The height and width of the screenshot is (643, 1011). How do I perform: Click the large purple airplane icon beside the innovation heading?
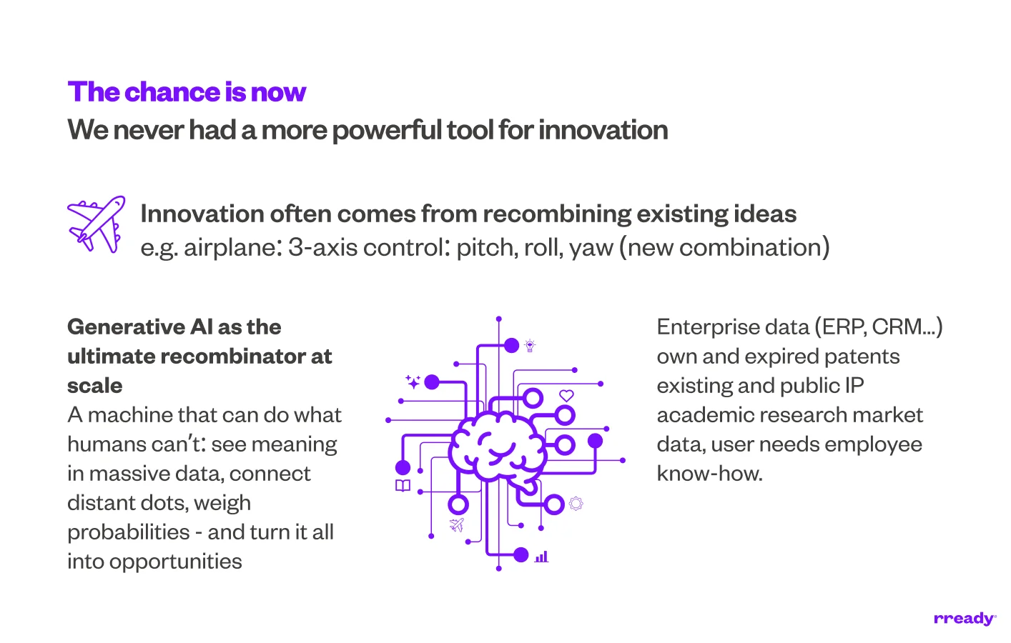pos(96,224)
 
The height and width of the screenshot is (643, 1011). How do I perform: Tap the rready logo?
pos(965,618)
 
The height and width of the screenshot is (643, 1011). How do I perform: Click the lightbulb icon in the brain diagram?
pos(530,346)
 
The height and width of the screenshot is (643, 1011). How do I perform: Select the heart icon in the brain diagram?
pos(566,395)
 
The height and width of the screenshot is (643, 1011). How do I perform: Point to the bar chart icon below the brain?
pos(541,556)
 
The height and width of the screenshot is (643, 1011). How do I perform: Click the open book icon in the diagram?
pos(403,486)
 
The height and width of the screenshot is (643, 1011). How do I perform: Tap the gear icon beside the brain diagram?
pos(576,504)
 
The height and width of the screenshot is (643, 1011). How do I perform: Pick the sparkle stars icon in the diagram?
pos(413,382)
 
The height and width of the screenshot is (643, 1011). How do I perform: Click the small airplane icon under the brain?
pos(457,525)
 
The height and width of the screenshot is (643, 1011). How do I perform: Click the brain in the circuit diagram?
pos(497,447)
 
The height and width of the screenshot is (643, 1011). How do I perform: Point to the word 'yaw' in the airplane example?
pos(591,247)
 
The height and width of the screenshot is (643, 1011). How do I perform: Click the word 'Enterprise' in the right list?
pos(708,327)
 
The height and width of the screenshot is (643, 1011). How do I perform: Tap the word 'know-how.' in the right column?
pos(709,474)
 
